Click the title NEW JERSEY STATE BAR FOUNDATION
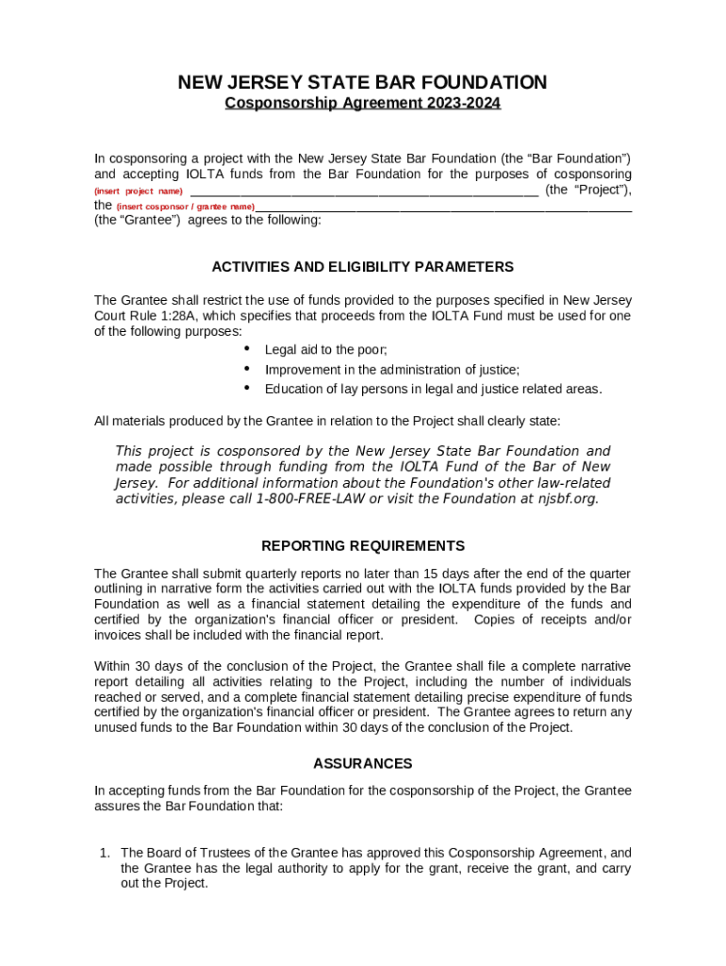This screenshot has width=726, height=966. click(x=362, y=83)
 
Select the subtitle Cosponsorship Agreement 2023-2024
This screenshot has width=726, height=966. click(x=362, y=103)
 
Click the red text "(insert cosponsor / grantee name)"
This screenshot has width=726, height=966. click(x=185, y=207)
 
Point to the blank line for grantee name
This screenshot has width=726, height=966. click(x=443, y=207)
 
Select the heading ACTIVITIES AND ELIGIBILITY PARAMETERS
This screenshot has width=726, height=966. click(x=362, y=267)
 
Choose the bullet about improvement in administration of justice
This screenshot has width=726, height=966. click(x=391, y=370)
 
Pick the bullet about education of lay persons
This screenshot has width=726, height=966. click(x=433, y=390)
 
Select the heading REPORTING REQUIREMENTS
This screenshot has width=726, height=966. click(x=362, y=546)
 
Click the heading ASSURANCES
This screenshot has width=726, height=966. click(x=362, y=763)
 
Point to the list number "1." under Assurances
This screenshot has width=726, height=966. click(x=106, y=853)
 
